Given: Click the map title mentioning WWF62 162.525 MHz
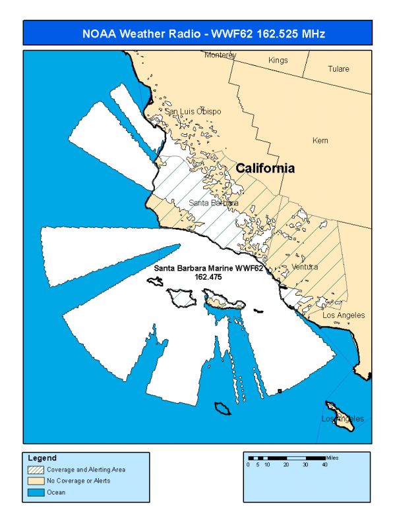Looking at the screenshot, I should coord(204,33).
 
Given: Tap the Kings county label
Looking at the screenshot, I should coord(278,61).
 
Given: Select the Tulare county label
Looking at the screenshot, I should coord(339,69).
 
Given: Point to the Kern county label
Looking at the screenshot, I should coord(320,141).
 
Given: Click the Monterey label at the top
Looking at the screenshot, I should coord(220,55).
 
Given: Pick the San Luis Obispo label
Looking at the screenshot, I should coord(193,111).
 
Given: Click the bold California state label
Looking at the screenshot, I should coord(265,169).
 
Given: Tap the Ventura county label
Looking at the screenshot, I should coord(304,267).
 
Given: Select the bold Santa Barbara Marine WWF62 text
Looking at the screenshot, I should coord(208,269).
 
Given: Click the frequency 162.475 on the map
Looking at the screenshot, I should coord(208,277).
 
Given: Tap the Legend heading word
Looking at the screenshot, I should coord(42,458).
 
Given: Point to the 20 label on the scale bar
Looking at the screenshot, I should coord(286,465).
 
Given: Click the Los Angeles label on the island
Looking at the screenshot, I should coord(342,419).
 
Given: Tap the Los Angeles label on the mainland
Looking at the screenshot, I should coord(343,315).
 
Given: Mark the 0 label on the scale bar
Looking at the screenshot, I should coord(249,465).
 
